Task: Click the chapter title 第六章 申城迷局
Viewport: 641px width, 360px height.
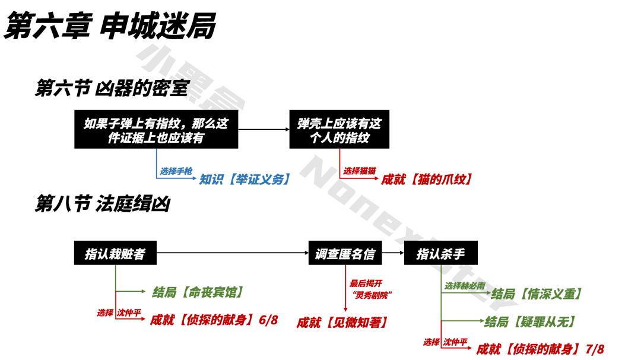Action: tap(110, 26)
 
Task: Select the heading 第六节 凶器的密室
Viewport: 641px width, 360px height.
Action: tap(112, 88)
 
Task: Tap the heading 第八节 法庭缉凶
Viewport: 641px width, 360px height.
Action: tap(103, 203)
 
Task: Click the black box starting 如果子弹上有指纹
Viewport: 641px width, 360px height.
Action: tap(156, 129)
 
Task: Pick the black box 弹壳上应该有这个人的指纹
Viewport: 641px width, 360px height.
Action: tap(339, 129)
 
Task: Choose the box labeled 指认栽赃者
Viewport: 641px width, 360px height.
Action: tap(115, 253)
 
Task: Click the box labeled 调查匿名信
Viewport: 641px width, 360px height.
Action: tap(345, 253)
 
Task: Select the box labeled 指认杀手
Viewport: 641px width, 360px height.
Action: tap(440, 253)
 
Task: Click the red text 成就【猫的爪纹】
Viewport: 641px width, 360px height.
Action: tap(427, 179)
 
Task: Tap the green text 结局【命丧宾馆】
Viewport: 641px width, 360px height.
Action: tap(198, 292)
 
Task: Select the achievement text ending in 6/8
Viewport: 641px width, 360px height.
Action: tap(214, 319)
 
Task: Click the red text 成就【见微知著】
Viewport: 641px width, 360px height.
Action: tap(342, 323)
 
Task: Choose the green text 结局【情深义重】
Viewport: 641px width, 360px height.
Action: tap(537, 294)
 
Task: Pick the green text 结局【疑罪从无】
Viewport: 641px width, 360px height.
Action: tap(530, 321)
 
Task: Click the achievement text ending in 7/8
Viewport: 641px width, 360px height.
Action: tap(540, 349)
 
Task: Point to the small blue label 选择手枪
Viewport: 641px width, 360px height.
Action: tap(176, 171)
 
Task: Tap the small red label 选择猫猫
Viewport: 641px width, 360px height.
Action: tap(359, 171)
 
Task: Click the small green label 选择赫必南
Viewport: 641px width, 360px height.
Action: tap(465, 286)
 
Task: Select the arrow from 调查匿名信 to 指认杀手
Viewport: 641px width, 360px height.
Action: tap(393, 253)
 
